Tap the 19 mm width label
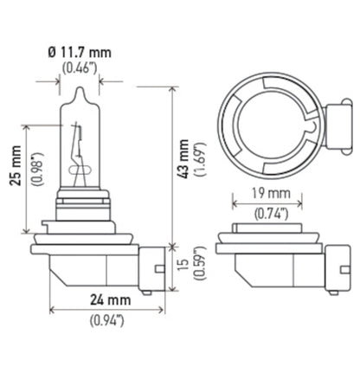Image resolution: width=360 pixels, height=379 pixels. tap(265, 193)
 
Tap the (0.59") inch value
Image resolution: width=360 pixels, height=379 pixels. tap(202, 267)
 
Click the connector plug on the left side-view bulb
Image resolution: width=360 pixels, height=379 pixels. tap(152, 265)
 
